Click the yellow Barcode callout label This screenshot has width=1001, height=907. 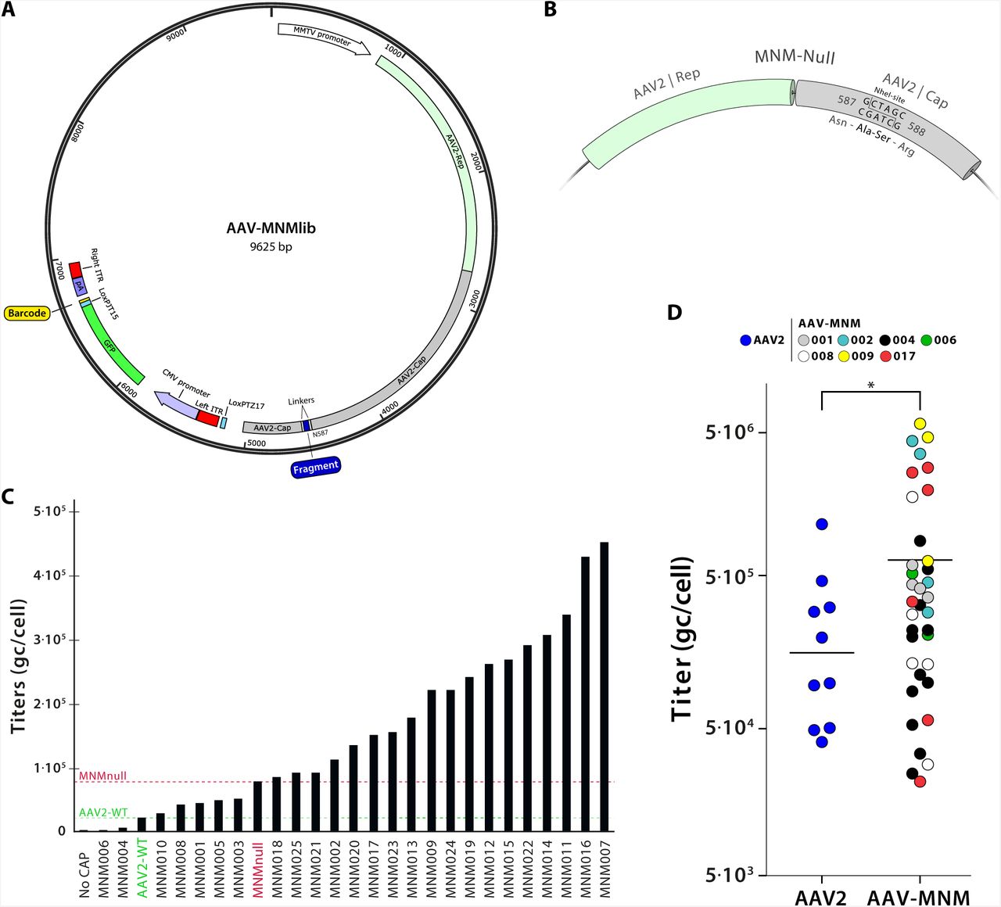click(27, 313)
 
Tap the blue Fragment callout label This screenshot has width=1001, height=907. click(315, 467)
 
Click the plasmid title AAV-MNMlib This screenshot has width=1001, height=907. click(271, 228)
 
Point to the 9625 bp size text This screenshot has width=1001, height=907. click(271, 246)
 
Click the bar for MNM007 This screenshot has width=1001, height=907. click(604, 687)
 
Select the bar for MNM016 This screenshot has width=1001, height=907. click(585, 694)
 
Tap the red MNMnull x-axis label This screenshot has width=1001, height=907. click(258, 869)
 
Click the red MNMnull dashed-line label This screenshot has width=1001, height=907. click(102, 776)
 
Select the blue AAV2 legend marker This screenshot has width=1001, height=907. click(745, 340)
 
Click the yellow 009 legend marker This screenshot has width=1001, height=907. click(844, 356)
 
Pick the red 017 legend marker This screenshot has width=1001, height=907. click(885, 356)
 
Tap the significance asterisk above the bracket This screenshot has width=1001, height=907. click(870, 385)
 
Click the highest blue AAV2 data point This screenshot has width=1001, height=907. click(822, 524)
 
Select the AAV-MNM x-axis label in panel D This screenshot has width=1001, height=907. click(919, 897)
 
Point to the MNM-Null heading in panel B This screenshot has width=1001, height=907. click(795, 57)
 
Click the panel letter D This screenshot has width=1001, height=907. click(674, 312)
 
